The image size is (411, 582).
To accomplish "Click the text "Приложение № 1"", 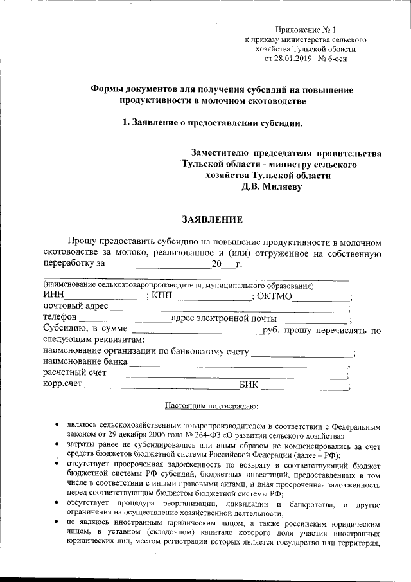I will [x=306, y=30].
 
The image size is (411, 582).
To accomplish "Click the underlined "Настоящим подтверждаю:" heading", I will [x=211, y=406].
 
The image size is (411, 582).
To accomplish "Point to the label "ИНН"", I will [x=53, y=296].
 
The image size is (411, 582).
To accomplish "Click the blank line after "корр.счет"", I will [x=161, y=387].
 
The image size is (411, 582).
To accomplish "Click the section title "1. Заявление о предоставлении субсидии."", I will [x=212, y=123].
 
